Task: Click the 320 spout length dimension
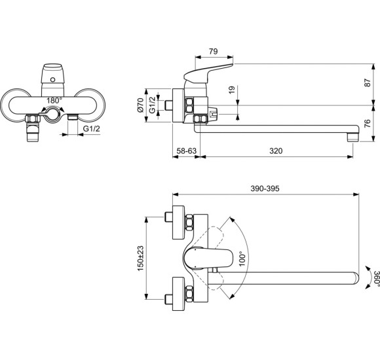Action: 276,151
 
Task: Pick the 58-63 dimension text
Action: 186,151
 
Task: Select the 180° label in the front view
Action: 54,101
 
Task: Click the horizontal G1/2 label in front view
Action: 92,130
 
